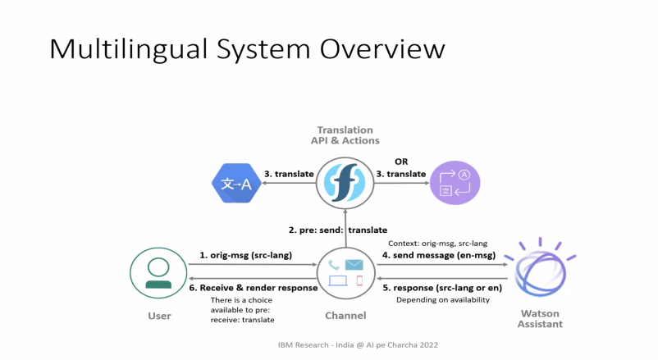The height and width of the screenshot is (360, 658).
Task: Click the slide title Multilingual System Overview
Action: (x=247, y=48)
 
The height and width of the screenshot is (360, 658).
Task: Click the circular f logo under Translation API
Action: (x=345, y=183)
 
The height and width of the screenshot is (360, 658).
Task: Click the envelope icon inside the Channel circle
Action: (x=354, y=265)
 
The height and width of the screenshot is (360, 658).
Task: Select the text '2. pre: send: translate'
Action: (x=337, y=230)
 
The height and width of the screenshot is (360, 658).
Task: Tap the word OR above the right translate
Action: (x=401, y=162)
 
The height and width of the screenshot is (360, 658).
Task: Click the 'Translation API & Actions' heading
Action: (x=345, y=135)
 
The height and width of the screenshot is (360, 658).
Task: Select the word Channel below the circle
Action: (x=345, y=316)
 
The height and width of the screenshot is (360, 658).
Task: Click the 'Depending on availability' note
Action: (x=442, y=299)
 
